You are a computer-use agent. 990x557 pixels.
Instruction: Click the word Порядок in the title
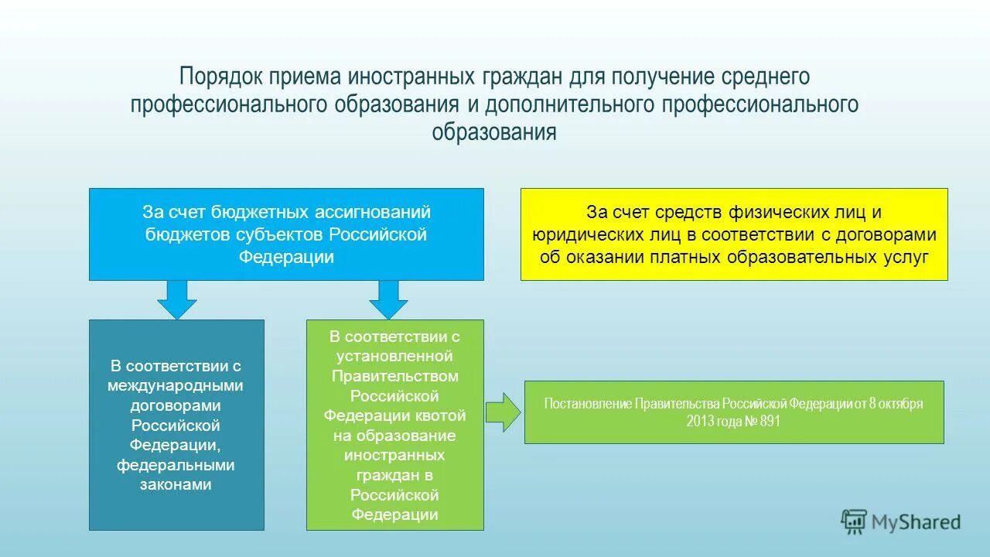tap(221, 77)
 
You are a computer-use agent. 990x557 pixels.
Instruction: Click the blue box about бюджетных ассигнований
tap(286, 234)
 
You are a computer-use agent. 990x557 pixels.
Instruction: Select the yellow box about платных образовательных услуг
tap(733, 234)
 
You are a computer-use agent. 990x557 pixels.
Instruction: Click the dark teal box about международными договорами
tap(176, 425)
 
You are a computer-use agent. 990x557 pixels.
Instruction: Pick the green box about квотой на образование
tap(394, 425)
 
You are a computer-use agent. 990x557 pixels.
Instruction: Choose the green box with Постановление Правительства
tap(733, 412)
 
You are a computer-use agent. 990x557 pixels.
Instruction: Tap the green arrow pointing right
tap(504, 412)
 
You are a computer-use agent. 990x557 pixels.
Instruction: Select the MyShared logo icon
tap(854, 522)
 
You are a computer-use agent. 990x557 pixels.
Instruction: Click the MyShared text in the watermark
tap(916, 523)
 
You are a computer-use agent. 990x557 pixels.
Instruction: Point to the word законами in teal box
tap(176, 484)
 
